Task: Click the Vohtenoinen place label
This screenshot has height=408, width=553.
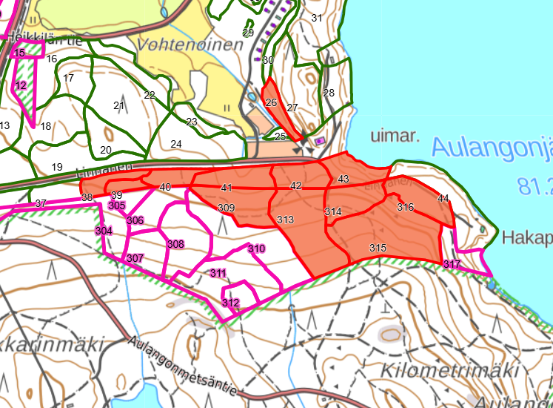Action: [x=190, y=45]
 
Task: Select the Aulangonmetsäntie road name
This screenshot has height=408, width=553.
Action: [x=182, y=366]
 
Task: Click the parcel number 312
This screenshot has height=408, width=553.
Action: [x=230, y=303]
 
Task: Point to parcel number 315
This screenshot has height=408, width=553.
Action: [x=378, y=247]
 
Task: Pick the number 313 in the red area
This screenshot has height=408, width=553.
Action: [x=285, y=220]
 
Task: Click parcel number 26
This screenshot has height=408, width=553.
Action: [x=271, y=102]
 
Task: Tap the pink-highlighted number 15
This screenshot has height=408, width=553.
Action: [x=19, y=53]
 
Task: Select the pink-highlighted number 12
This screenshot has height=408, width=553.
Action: [x=21, y=86]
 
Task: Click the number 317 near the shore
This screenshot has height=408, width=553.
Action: [x=452, y=265]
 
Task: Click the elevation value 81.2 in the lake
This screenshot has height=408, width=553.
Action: [x=534, y=186]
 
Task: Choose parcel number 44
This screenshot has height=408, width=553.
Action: [x=443, y=198]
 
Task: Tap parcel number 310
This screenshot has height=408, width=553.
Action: [x=256, y=249]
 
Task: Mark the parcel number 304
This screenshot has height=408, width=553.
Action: [x=104, y=231]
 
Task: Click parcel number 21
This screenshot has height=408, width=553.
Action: [x=118, y=106]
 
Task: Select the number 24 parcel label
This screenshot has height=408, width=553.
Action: [x=176, y=144]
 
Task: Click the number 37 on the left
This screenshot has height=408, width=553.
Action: [x=41, y=203]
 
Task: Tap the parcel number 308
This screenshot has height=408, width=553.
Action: [x=175, y=244]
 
